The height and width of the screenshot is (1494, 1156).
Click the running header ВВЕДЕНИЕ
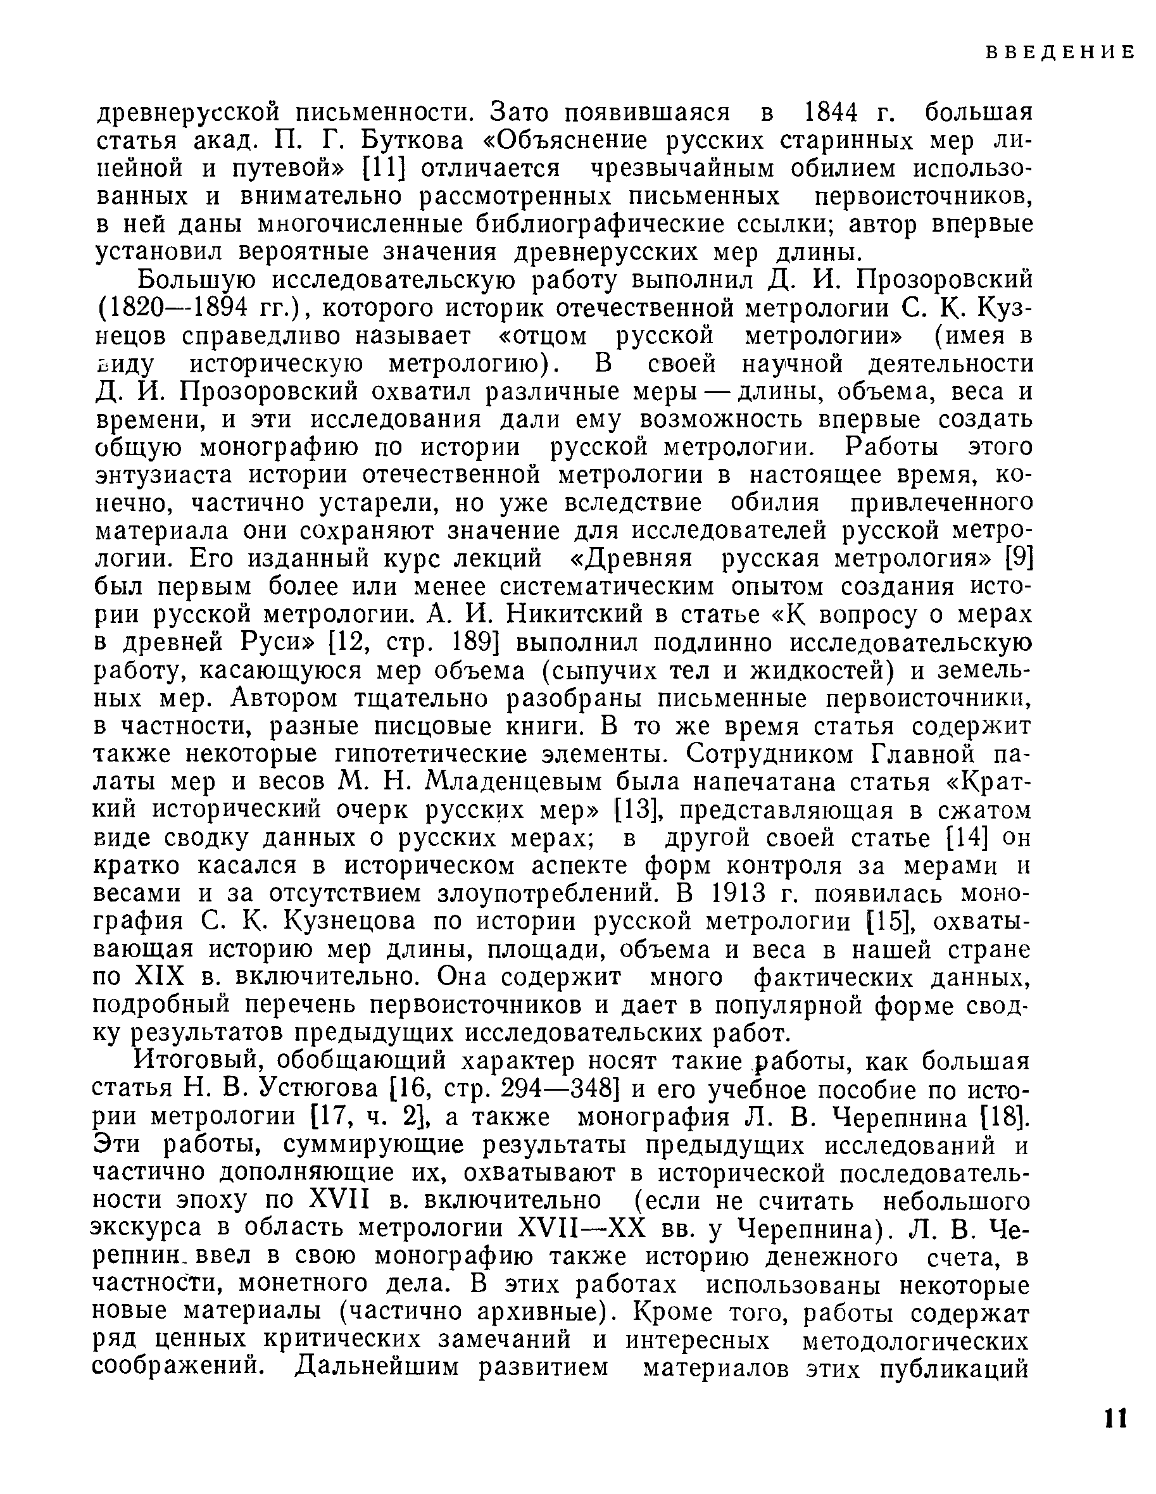[1060, 52]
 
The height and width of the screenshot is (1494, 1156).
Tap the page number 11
[1115, 1417]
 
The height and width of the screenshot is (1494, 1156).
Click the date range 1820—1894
[180, 308]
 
